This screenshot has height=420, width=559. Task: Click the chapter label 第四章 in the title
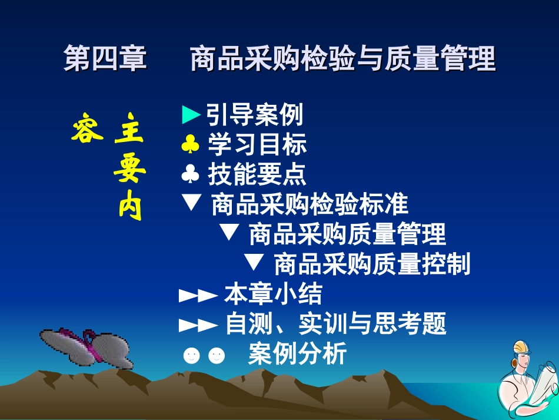[105, 60]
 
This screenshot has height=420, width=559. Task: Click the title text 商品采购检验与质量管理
[342, 60]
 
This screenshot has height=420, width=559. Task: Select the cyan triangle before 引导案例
[192, 115]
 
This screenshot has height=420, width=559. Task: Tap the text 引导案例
[255, 115]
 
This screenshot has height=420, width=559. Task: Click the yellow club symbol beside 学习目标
[191, 145]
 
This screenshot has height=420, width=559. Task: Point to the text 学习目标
[257, 145]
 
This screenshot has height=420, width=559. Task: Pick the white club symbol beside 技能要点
[191, 174]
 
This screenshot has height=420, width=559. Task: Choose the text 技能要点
[257, 174]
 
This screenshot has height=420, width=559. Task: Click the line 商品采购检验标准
[309, 205]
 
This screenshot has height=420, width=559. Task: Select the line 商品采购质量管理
[347, 234]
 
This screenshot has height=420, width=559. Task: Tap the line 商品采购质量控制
[372, 264]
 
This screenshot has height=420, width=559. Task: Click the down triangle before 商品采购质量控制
[254, 262]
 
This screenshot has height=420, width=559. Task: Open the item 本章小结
[273, 294]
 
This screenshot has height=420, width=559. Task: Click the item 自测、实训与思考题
[336, 324]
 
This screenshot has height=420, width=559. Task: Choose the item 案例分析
[297, 355]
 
